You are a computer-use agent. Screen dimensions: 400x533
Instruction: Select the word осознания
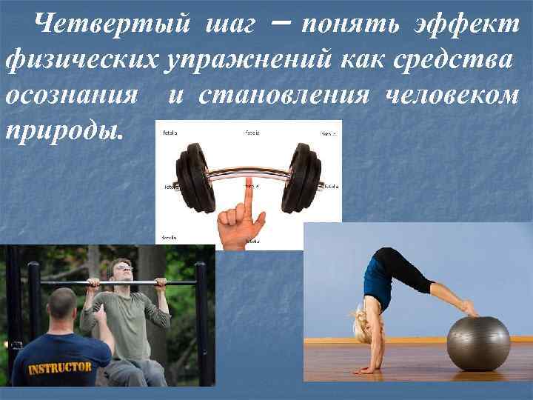(x=73, y=96)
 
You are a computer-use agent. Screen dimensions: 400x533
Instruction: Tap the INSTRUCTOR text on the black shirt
(x=61, y=367)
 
